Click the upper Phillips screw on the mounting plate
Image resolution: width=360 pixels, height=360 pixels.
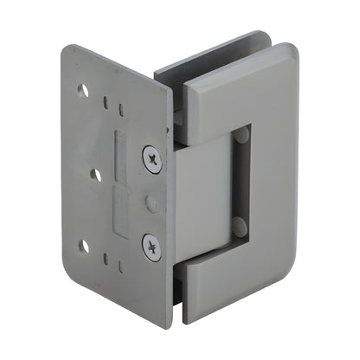(153, 158)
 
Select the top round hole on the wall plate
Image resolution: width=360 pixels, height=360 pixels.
(84, 91)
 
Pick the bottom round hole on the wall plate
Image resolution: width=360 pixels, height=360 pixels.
(84, 247)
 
